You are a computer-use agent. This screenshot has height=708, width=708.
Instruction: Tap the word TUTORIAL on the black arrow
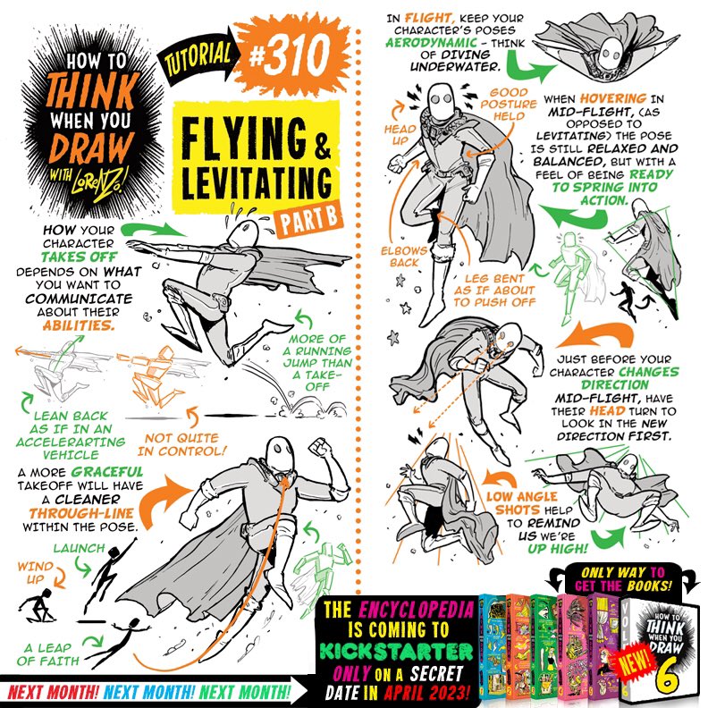pyautogui.click(x=198, y=58)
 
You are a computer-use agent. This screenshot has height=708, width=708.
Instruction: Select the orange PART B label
pyautogui.click(x=309, y=220)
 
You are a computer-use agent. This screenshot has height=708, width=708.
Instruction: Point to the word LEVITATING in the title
pyautogui.click(x=257, y=183)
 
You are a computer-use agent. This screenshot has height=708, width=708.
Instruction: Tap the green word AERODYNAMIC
pyautogui.click(x=431, y=42)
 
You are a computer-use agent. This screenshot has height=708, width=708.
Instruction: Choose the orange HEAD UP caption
pyautogui.click(x=400, y=135)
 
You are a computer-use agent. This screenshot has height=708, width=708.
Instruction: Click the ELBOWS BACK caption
pyautogui.click(x=404, y=257)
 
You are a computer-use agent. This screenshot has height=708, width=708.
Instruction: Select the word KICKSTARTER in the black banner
pyautogui.click(x=396, y=651)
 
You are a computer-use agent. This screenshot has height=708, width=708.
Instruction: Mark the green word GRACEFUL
pyautogui.click(x=107, y=472)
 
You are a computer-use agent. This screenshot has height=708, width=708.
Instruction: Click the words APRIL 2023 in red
pyautogui.click(x=426, y=692)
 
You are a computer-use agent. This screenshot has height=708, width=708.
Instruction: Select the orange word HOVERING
pyautogui.click(x=613, y=98)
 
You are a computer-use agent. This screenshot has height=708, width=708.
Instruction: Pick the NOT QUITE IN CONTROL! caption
pyautogui.click(x=182, y=444)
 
